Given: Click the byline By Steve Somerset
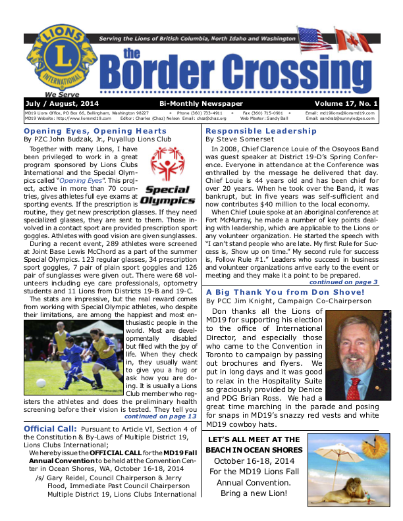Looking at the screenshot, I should point(238,139).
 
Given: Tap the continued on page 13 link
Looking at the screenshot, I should point(160,416).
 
